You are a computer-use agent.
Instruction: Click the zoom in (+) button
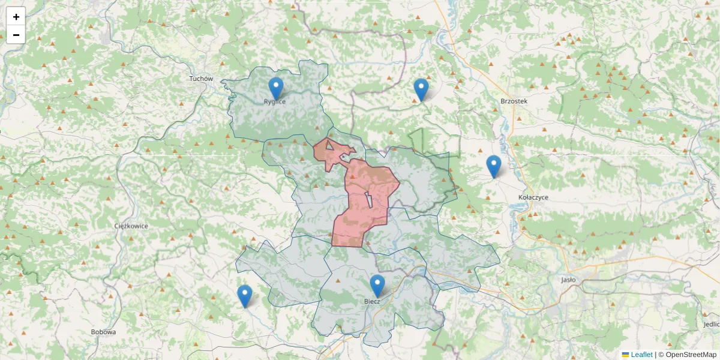point(16,17)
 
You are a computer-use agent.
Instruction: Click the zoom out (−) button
point(16,35)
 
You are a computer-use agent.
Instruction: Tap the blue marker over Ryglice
point(275,88)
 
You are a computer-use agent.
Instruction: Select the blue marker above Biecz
point(377,286)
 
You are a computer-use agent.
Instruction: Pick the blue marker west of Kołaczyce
point(493,166)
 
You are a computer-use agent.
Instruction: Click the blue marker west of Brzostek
point(421,89)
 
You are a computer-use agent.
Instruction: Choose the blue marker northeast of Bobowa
point(244,296)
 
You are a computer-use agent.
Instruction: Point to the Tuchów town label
point(201,79)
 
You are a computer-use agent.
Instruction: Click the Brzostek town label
point(514,101)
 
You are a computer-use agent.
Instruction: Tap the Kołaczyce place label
point(533,197)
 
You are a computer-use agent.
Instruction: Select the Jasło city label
point(568,280)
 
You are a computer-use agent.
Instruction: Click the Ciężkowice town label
point(131,226)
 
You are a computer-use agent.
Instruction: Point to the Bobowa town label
point(103,332)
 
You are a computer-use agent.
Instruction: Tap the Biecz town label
point(372,301)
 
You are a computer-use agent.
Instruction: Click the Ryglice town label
point(275,102)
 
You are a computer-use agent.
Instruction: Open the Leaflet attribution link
point(641,355)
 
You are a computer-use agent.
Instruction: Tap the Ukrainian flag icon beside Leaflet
point(625,355)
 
